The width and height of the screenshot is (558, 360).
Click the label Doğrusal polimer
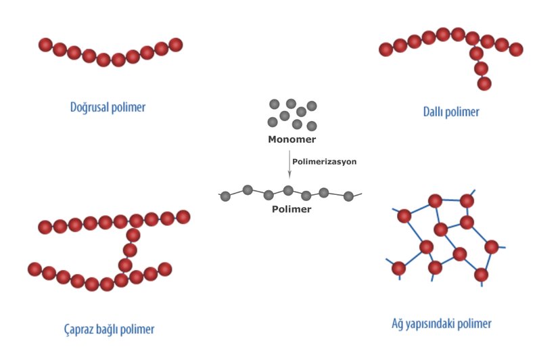pos(108,107)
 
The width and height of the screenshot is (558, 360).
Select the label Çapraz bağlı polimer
pos(106,330)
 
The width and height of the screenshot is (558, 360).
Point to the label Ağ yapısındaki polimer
pos(441,323)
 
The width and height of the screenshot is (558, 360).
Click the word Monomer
pos(292,140)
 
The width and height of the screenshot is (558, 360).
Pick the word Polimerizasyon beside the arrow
pos(324,162)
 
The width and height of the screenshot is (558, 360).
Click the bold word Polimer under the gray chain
pos(292,209)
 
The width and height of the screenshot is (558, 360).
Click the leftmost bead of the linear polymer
pos(45,45)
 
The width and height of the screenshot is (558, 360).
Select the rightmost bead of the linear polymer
pos(176,45)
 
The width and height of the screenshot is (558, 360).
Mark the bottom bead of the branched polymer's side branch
pos(484,83)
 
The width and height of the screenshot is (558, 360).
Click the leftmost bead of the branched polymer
pos(386,49)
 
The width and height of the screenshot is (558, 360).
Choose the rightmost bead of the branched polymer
pos(516,49)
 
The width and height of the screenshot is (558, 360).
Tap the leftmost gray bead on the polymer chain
pos(227,195)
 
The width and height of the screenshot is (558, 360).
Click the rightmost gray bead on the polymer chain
pos(348,196)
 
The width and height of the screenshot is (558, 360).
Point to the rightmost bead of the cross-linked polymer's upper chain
pos(183,217)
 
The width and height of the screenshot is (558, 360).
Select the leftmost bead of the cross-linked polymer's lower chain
pos(34,269)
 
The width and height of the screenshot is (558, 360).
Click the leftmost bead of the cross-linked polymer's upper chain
pos(45,227)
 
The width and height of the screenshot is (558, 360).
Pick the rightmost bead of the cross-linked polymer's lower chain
pos(165,269)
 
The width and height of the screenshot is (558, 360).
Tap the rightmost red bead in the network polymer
pos(492,247)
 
